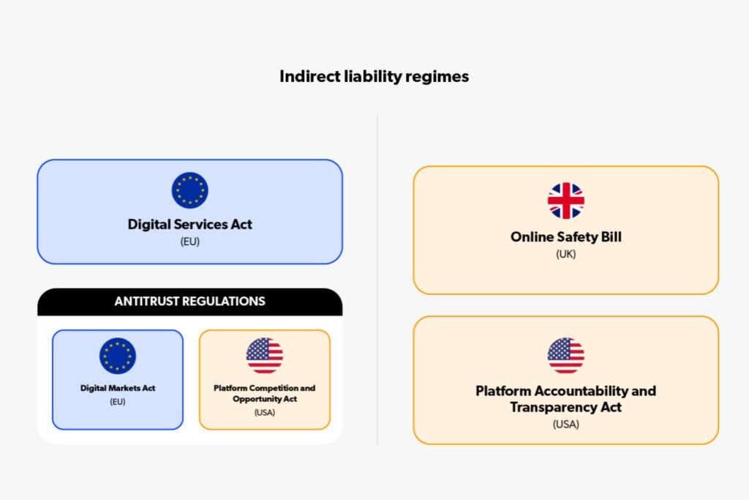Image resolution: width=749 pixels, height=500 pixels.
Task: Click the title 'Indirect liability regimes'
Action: coord(374,76)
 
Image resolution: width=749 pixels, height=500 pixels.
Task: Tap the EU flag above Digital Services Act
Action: coord(190,190)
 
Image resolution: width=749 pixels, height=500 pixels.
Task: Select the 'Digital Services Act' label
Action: coord(190,224)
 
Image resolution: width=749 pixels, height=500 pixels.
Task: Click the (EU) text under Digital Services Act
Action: coord(190,242)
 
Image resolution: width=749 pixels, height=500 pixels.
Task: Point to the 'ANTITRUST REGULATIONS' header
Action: coord(190,302)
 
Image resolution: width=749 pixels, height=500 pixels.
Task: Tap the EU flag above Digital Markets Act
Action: coord(118,356)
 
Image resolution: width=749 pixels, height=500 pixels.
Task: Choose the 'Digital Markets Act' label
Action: coord(118,388)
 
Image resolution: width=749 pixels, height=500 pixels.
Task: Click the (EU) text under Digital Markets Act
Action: coord(118,402)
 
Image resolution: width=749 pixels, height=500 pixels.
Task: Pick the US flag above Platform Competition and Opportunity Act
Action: coord(265,356)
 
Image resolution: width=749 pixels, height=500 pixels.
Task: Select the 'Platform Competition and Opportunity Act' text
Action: coord(265,393)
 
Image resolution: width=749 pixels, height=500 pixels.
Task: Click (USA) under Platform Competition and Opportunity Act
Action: coord(265,412)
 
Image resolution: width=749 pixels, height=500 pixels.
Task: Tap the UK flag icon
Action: coord(566,201)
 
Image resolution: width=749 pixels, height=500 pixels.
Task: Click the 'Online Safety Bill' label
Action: coord(566,237)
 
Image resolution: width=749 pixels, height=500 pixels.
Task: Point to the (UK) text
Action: coord(566,255)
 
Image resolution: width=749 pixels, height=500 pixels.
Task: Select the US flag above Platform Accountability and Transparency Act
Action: coord(566,356)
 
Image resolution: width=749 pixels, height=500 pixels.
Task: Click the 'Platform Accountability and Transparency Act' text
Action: coord(566,399)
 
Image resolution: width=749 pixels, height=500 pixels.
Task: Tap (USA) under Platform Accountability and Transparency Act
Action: coord(566,424)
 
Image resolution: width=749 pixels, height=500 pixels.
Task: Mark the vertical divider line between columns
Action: coord(377,278)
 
